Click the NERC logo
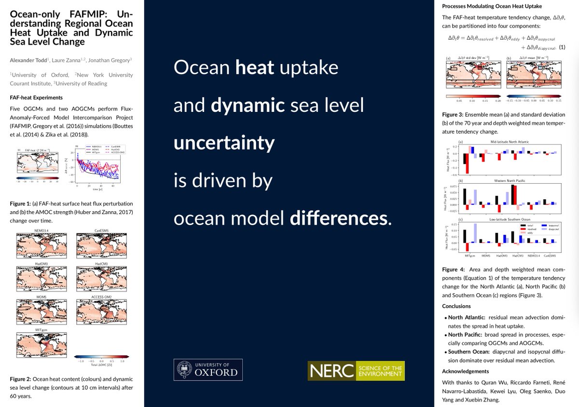356,370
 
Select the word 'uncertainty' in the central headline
224,143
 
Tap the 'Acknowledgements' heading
466,371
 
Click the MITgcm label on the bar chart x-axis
465,256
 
